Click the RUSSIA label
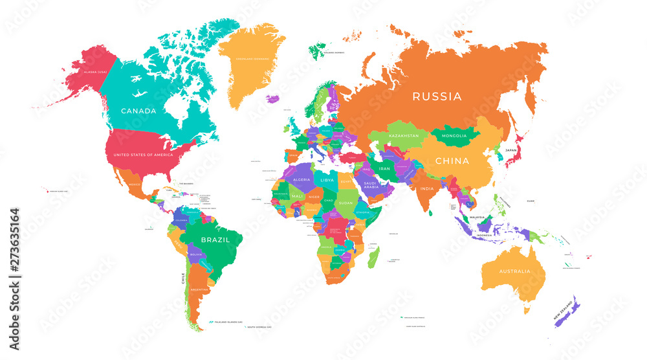438,97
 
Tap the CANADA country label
138,111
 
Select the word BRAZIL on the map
215,239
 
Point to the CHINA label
452,161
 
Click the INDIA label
426,188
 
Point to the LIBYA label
328,179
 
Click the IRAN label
384,168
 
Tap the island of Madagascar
374,257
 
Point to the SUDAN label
346,202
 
